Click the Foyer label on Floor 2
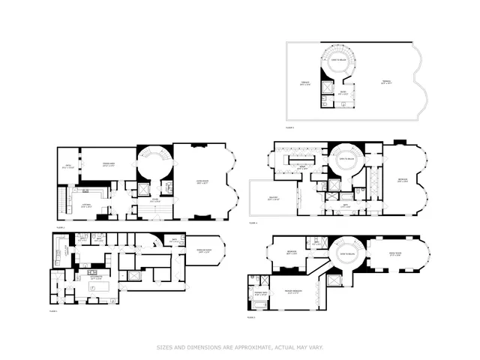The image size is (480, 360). pos(156,200)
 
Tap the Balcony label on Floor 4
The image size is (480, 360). pos(273,199)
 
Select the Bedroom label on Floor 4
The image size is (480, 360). pos(403,181)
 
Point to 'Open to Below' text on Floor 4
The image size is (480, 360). pos(347,160)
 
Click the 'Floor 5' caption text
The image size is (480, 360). pos(290,128)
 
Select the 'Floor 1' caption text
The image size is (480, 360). pos(53,310)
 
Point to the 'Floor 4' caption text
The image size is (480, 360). pos(253,223)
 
